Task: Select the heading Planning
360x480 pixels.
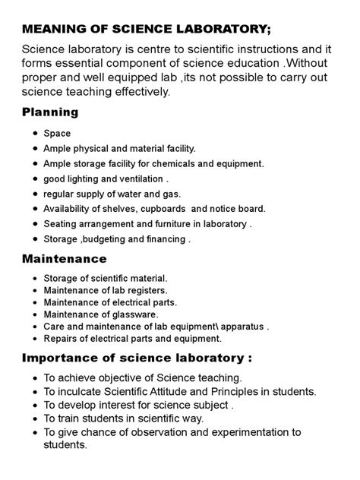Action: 50,112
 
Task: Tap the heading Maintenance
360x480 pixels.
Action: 64,259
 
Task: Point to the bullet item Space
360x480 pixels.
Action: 57,134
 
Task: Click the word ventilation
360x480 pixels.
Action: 138,179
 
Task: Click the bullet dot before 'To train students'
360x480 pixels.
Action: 36,419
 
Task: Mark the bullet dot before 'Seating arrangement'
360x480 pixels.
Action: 36,224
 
